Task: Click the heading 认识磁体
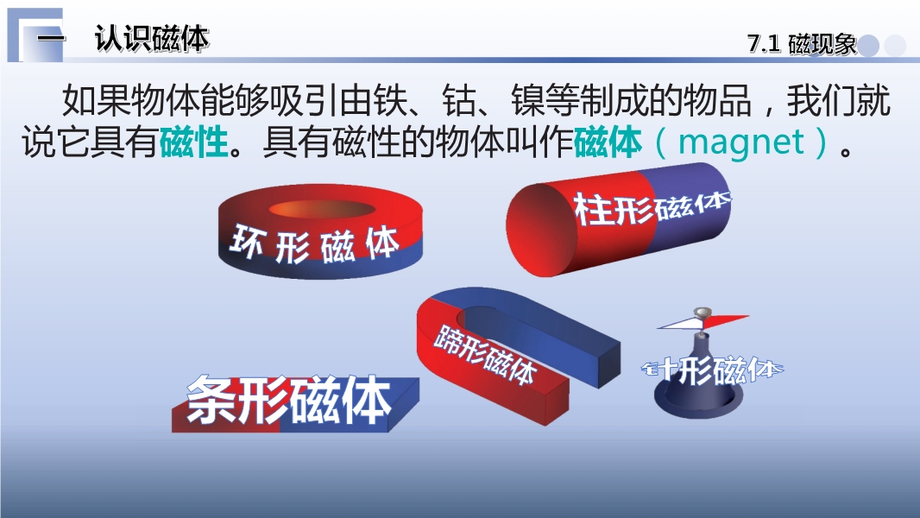(151, 40)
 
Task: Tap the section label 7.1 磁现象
(802, 44)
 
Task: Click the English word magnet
(741, 142)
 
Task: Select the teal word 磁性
(193, 142)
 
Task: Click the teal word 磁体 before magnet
(608, 142)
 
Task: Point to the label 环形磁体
(315, 243)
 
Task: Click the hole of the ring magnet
(322, 210)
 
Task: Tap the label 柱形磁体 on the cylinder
(652, 207)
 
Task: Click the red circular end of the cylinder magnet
(538, 229)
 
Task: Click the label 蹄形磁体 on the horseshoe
(485, 354)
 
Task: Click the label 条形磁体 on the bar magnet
(288, 400)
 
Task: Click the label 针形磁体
(712, 370)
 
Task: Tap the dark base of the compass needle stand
(698, 398)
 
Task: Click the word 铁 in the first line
(389, 100)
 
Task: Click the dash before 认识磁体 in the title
(50, 39)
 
